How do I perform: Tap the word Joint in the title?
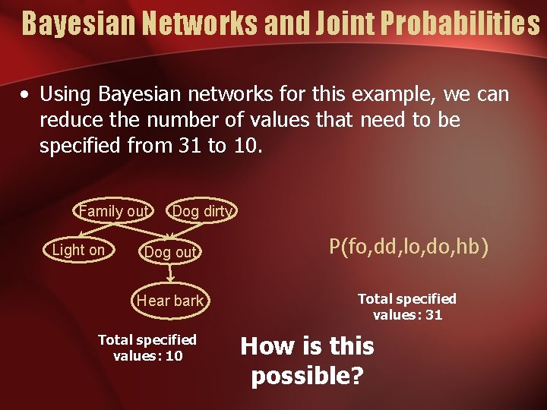(334, 23)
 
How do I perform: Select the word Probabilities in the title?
(460, 23)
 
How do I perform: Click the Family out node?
(114, 211)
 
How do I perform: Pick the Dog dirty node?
(202, 211)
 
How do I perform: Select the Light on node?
(78, 250)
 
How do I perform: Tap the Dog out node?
(170, 252)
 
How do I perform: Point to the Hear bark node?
(170, 301)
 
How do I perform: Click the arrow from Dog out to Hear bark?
(170, 276)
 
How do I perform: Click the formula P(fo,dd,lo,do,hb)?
(409, 246)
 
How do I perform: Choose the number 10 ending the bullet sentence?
(244, 145)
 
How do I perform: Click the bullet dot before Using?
(26, 96)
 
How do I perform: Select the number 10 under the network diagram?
(174, 355)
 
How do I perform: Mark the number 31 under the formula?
(434, 314)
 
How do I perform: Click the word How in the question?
(267, 346)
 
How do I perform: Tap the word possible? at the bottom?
(308, 376)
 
